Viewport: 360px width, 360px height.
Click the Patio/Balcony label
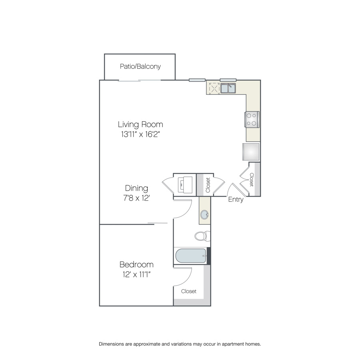click(x=140, y=66)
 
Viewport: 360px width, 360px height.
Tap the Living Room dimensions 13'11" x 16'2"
click(x=140, y=134)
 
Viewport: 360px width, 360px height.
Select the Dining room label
click(x=136, y=188)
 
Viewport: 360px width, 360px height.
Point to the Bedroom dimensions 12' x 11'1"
click(x=136, y=274)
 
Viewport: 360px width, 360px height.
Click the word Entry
click(x=236, y=200)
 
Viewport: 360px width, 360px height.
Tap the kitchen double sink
click(x=228, y=88)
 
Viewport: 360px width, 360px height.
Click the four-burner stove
click(x=252, y=119)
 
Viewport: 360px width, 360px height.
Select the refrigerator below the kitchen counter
click(x=251, y=152)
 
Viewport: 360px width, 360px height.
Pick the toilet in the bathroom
click(x=202, y=236)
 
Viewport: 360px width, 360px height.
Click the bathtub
click(x=191, y=256)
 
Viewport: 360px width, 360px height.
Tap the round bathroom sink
click(x=204, y=215)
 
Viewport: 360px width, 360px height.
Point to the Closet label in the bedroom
click(x=189, y=291)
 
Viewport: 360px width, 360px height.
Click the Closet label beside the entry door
click(x=252, y=180)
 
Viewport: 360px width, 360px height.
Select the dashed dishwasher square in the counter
click(x=214, y=88)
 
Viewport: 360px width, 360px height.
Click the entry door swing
click(x=236, y=190)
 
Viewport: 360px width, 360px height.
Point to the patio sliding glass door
click(x=139, y=80)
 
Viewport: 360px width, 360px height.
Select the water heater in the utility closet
click(x=185, y=185)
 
